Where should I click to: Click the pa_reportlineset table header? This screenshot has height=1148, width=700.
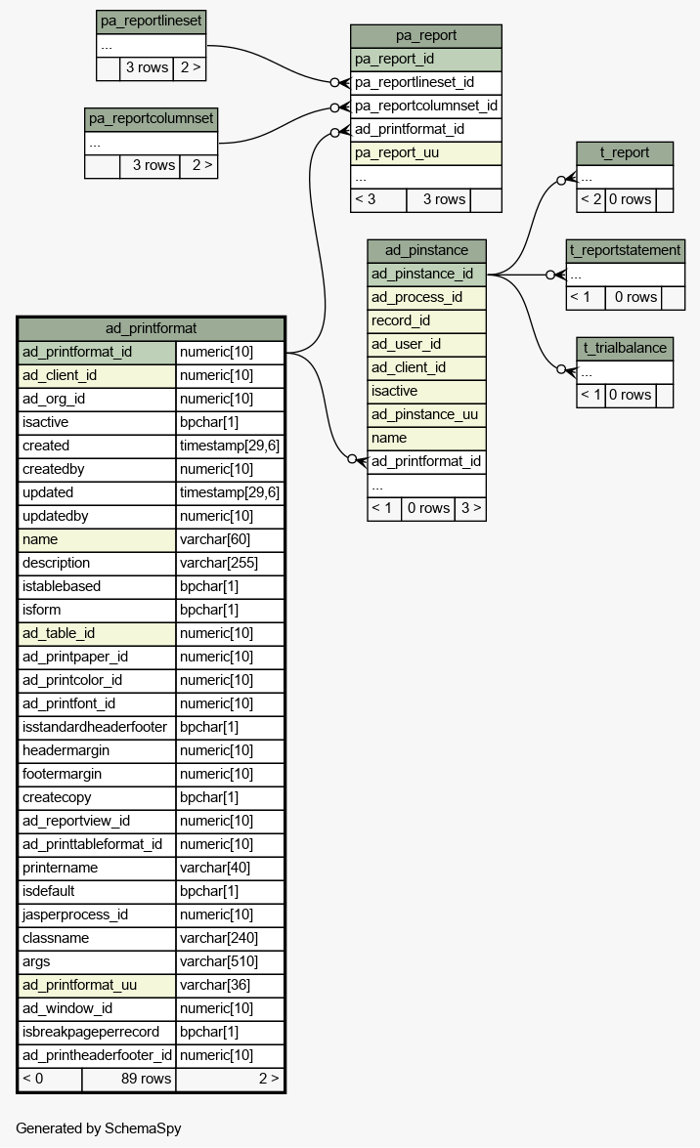(x=151, y=21)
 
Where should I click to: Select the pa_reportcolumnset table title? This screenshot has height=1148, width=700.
(x=151, y=118)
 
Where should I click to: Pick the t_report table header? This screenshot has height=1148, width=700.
(x=625, y=153)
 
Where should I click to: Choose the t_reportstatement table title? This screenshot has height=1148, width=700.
(x=626, y=250)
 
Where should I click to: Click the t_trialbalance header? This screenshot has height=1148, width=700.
(x=625, y=349)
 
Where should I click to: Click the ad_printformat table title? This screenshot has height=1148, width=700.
(x=151, y=328)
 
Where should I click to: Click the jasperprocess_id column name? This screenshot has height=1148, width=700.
(x=74, y=914)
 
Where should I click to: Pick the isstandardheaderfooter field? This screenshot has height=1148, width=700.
(x=95, y=727)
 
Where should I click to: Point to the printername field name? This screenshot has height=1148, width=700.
(x=60, y=868)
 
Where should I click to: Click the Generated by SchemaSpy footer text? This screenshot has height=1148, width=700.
(x=98, y=1128)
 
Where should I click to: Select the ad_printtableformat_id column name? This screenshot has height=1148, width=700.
(x=92, y=844)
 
